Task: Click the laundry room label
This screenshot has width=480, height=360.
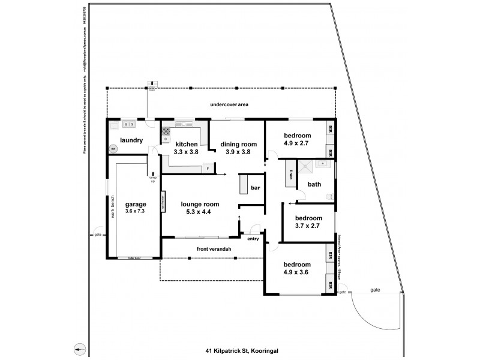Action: tap(131, 140)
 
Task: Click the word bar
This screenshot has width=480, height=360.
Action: tap(255, 188)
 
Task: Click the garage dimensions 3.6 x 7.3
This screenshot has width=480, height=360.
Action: tap(136, 212)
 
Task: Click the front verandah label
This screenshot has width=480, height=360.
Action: tap(214, 248)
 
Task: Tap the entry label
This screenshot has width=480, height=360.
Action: tap(253, 238)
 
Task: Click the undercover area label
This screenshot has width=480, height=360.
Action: tap(229, 104)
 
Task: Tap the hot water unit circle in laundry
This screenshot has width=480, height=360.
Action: tap(112, 149)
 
